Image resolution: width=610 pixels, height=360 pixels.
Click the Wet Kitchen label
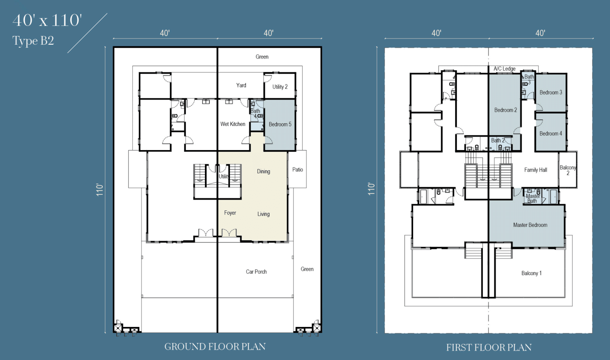233,124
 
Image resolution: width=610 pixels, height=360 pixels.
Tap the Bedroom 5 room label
280,124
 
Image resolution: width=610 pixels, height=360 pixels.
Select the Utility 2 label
280,87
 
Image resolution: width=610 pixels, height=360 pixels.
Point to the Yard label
241,85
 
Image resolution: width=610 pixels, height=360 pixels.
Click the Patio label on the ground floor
298,169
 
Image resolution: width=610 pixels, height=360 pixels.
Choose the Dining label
263,171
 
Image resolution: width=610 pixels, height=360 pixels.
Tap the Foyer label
230,213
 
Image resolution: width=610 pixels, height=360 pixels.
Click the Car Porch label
256,272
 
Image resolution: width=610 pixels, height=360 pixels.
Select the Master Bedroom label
530,225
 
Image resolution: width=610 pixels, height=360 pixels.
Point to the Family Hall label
536,170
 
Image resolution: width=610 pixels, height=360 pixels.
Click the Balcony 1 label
531,273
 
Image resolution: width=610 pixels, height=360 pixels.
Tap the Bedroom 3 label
551,92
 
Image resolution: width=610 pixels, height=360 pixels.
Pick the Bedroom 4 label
551,134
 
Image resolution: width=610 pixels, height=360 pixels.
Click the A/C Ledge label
505,69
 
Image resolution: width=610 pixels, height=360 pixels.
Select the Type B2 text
33,41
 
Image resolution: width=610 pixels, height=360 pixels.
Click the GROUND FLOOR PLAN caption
215,347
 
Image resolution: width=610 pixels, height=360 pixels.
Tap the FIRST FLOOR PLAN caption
489,347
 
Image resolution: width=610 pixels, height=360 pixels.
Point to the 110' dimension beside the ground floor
100,189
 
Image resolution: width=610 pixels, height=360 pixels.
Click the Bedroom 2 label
506,110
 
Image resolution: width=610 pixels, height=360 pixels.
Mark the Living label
263,214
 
